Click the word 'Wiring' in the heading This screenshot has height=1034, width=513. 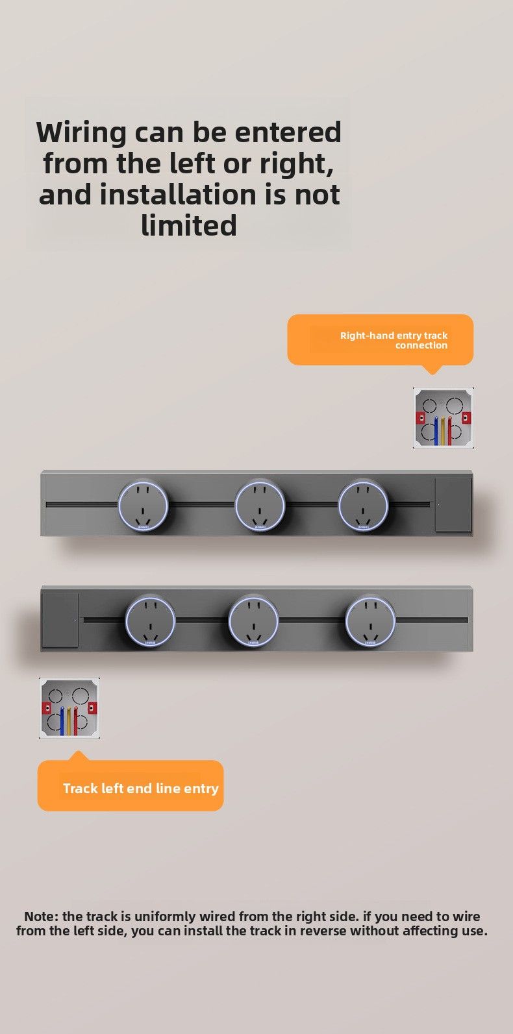pos(81,133)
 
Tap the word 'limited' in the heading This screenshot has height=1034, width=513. pos(188,226)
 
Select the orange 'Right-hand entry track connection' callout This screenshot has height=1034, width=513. pos(380,339)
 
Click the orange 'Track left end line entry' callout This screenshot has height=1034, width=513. pos(131,786)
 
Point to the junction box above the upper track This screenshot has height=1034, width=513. pos(444,418)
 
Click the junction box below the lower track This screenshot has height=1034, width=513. pos(69,708)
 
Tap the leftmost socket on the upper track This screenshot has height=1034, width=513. pos(143,505)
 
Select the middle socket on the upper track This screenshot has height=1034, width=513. pos(260,505)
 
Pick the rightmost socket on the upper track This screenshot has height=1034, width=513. pos(363,505)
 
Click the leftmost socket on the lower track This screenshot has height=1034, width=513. pos(150,621)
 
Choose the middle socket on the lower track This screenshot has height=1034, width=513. pos(253,621)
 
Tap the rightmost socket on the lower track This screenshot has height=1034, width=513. pos(370,621)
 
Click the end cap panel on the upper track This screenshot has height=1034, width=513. pos(453,505)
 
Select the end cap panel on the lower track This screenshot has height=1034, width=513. pos(60,620)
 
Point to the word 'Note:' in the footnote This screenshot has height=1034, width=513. pos(42,917)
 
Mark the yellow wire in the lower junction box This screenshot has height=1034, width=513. pos(69,721)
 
